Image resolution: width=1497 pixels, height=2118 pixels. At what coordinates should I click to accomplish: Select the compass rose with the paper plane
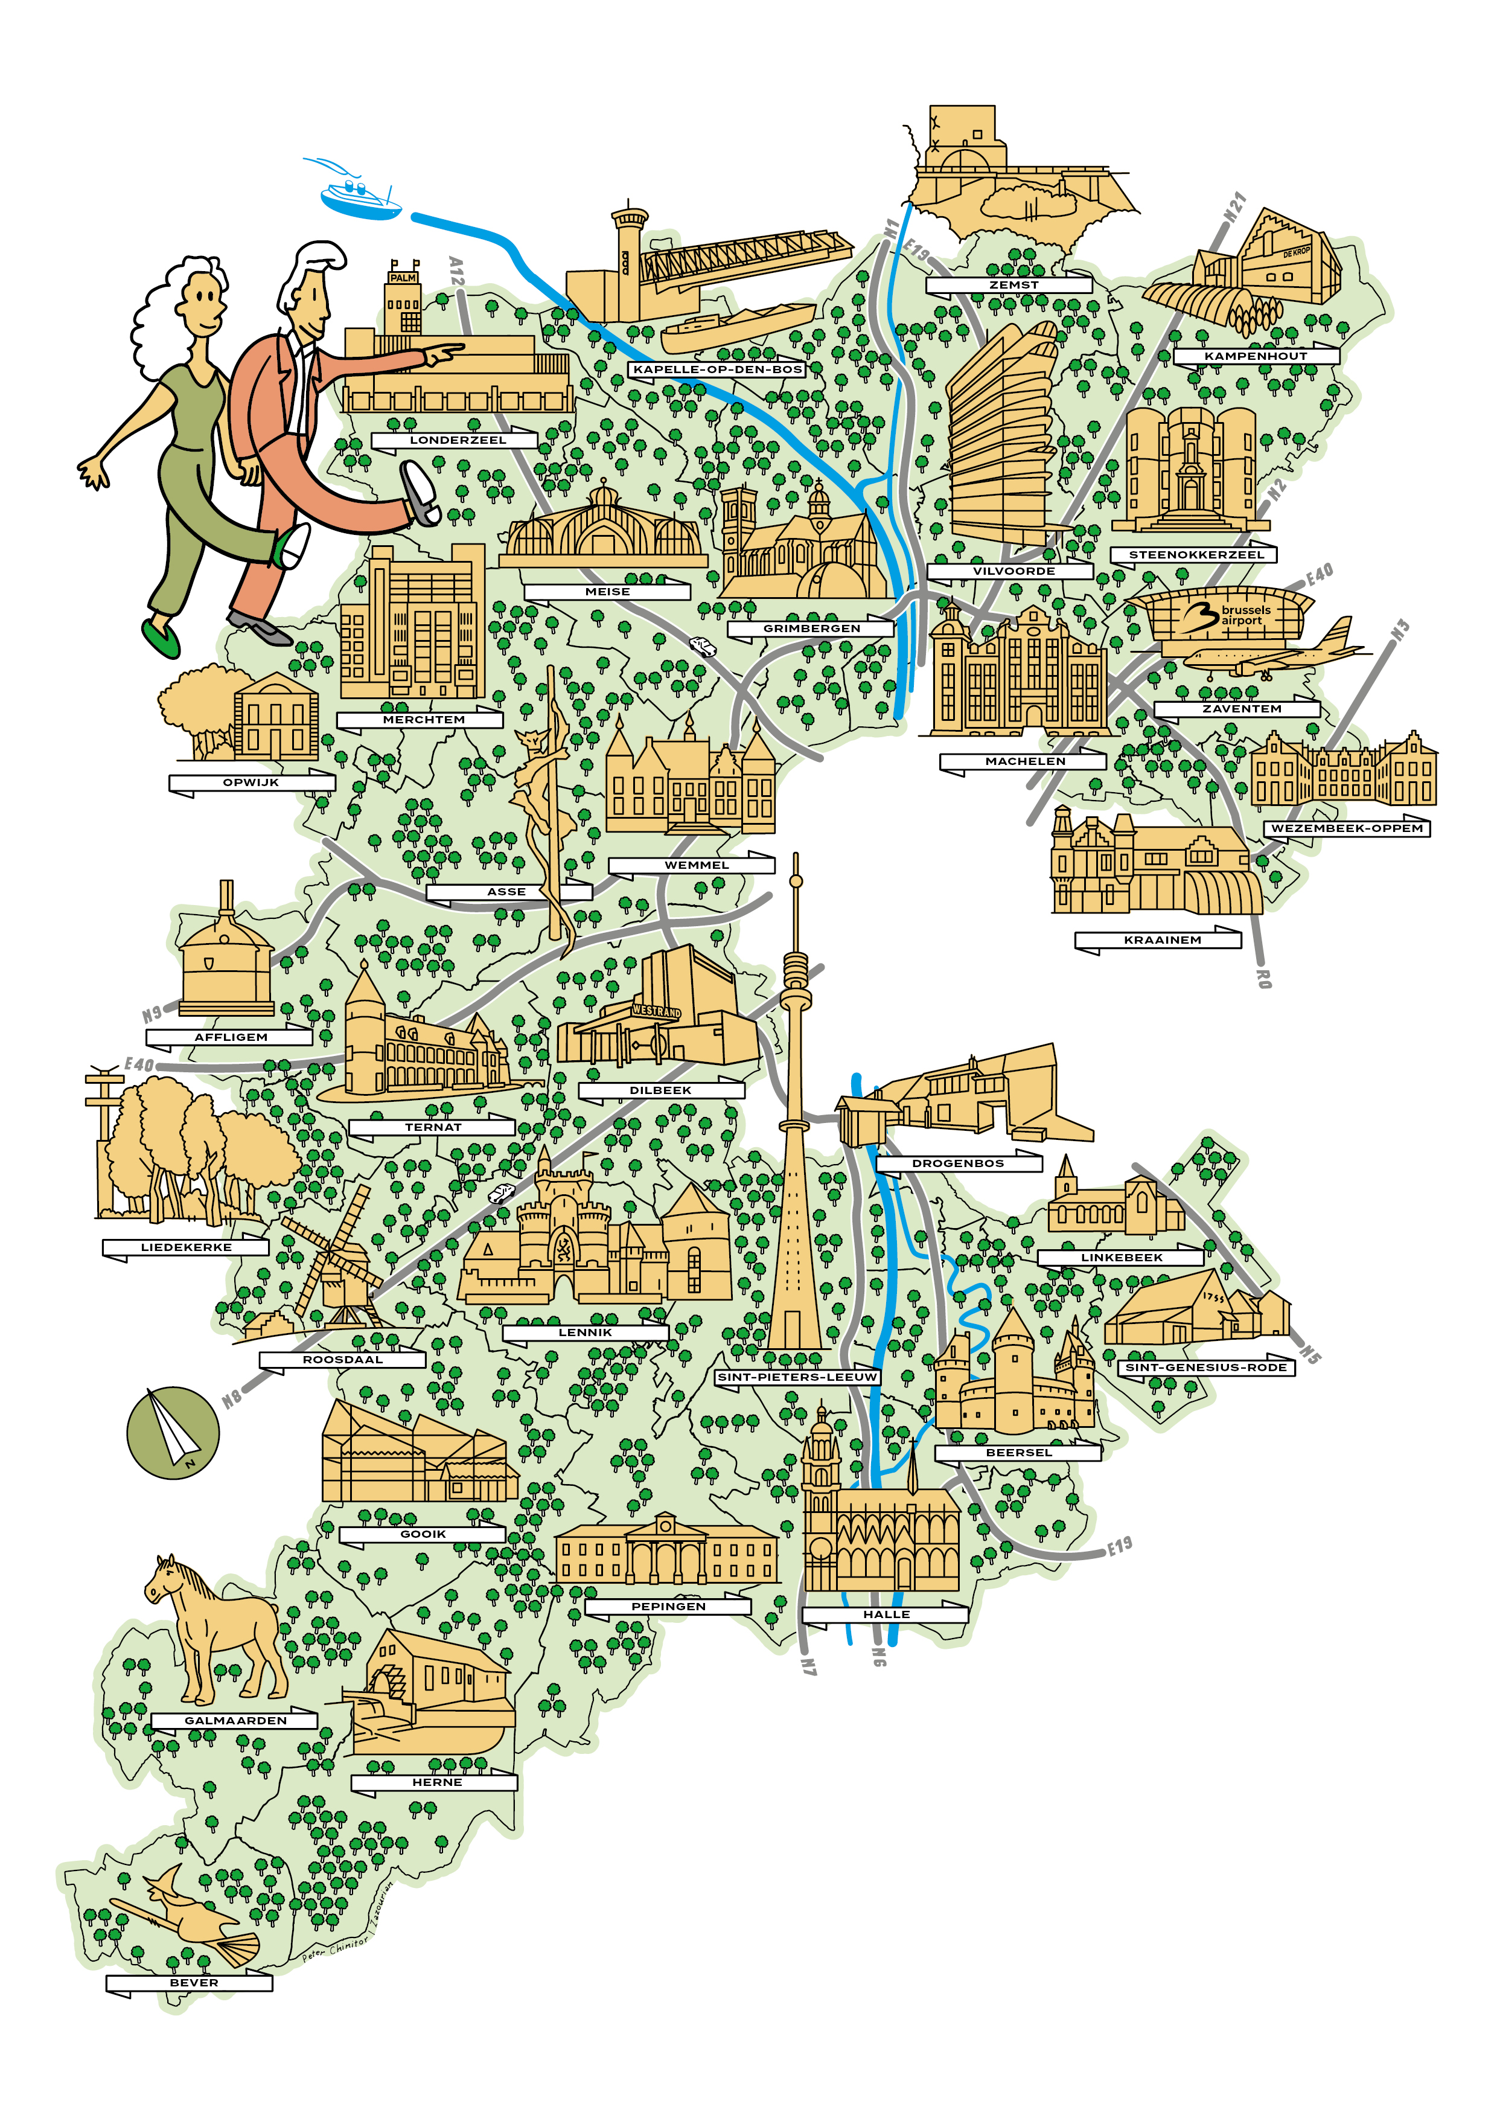click(173, 1433)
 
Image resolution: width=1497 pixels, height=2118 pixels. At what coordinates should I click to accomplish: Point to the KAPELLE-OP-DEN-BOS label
click(718, 369)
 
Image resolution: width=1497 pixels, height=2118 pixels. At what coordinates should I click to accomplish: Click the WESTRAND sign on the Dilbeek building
click(657, 1011)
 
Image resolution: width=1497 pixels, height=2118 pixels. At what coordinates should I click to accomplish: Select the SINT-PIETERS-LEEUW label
click(797, 1377)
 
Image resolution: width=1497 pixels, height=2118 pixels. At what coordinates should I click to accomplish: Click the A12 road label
click(456, 270)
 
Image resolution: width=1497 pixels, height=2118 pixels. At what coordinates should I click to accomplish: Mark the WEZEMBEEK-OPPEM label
click(1347, 828)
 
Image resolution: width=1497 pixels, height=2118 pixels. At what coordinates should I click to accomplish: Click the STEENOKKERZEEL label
click(1196, 554)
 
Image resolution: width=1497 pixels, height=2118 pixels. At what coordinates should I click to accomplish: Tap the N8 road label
click(232, 1398)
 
